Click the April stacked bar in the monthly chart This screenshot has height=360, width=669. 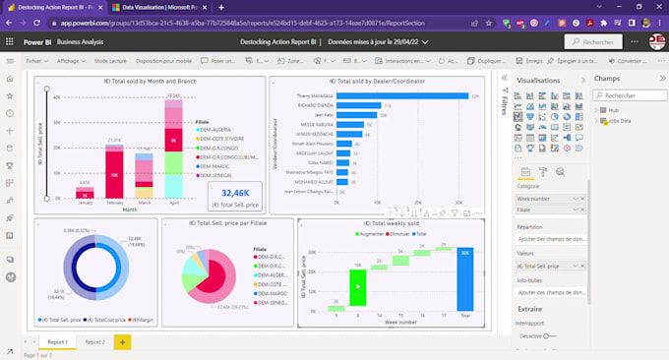click(173, 148)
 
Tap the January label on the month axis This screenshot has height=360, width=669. click(85, 203)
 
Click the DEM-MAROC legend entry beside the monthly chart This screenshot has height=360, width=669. click(216, 166)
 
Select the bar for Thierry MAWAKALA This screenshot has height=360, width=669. click(403, 95)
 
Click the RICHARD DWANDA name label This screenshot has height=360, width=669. click(315, 104)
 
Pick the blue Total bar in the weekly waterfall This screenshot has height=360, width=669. click(464, 280)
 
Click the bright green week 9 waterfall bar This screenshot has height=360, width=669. click(358, 289)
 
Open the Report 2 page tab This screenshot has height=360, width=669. click(94, 341)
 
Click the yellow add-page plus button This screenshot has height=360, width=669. click(123, 341)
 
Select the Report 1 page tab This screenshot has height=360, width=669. click(58, 341)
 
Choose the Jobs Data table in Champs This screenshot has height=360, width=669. click(621, 121)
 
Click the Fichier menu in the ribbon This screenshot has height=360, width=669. click(33, 61)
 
